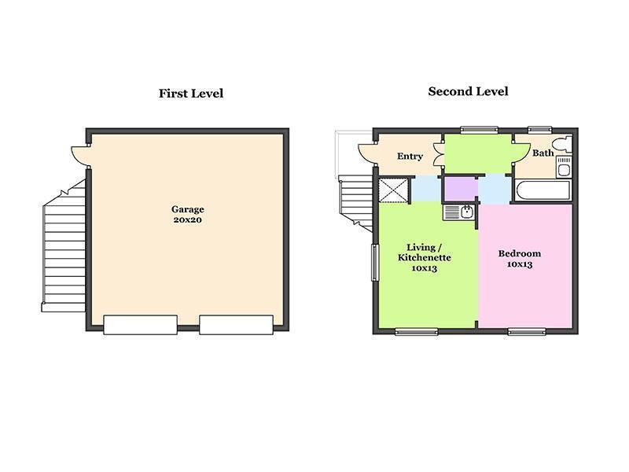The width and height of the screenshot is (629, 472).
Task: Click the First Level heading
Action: tap(191, 94)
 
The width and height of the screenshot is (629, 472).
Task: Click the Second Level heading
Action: tap(468, 91)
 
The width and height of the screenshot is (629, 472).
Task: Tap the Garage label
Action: tap(188, 209)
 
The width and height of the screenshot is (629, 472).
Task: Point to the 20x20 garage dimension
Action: tap(188, 220)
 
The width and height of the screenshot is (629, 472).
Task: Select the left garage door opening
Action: tap(141, 325)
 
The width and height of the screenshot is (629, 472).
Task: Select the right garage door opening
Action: tap(237, 325)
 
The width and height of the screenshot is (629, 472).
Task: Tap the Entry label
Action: tap(410, 156)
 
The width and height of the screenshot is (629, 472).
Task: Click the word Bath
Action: tap(543, 153)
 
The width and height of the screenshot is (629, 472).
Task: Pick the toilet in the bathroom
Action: tap(562, 145)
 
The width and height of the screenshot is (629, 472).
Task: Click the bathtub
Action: tap(543, 191)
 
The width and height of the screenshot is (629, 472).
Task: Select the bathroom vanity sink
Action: tap(564, 168)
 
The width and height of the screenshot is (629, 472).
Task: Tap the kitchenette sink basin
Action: tap(466, 212)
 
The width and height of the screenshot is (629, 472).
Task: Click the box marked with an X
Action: tap(393, 190)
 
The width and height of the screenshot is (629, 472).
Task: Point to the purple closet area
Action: tap(460, 190)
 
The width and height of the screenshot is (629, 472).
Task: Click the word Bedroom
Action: tap(520, 253)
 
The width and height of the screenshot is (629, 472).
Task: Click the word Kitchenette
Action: tap(425, 258)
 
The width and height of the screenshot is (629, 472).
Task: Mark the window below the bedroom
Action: tap(527, 331)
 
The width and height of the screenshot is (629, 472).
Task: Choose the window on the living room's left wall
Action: tap(375, 262)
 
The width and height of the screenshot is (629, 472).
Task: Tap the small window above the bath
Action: tap(540, 130)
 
